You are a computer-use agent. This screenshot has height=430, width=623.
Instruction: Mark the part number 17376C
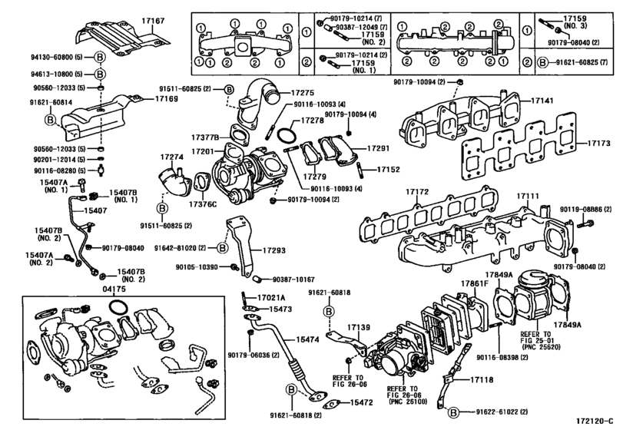coord(206,203)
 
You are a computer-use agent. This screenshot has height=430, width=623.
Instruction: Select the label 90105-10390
coord(202,267)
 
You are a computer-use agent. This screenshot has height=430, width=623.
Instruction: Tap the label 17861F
coord(474,283)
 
